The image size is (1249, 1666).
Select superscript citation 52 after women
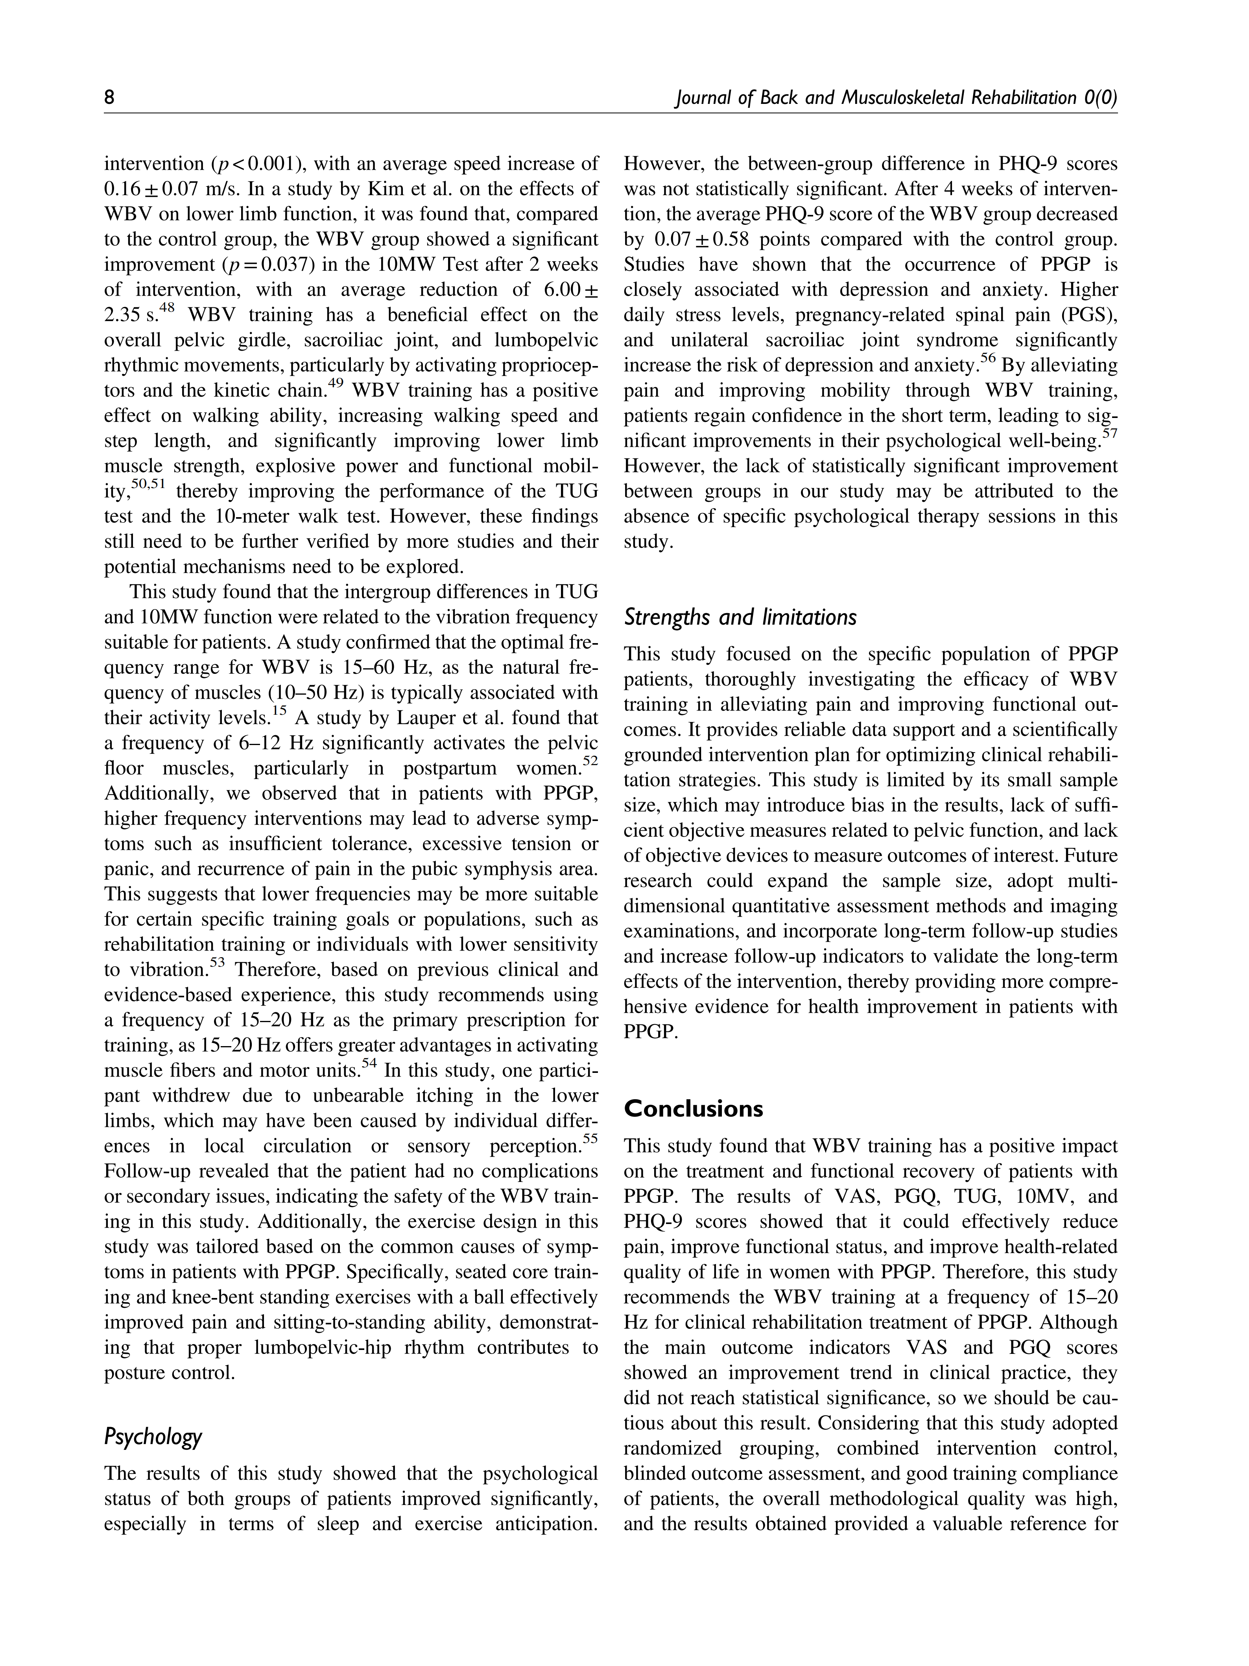tap(590, 762)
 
